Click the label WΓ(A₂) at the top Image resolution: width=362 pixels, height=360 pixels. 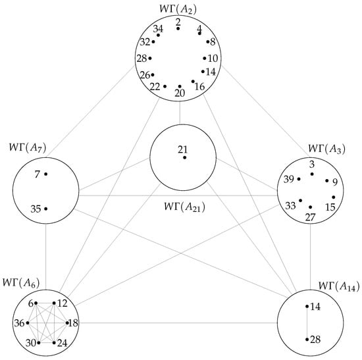coord(180,8)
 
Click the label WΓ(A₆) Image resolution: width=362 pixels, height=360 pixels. coord(20,283)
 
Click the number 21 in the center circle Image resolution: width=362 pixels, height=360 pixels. coord(182,149)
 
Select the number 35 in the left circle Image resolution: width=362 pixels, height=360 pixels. coord(36,209)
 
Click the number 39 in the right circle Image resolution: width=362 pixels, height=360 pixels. coord(288,179)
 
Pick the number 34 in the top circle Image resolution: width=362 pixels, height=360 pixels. coord(157,29)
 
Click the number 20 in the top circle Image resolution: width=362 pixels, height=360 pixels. coord(179,94)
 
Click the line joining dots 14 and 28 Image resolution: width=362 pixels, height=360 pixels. coord(307,322)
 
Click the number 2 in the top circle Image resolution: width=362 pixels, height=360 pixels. coord(178,20)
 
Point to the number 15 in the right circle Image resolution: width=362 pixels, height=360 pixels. coord(330,207)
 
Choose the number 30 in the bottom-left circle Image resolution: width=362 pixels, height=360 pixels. coord(30,343)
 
